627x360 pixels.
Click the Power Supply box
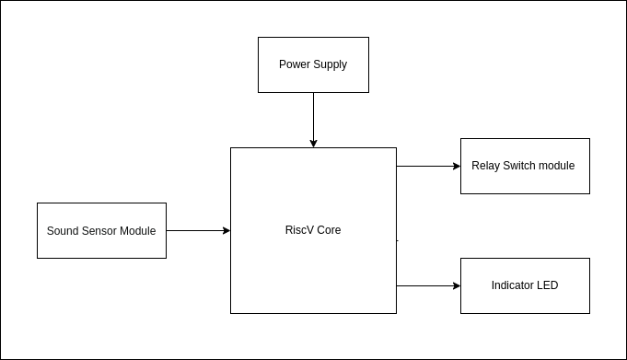coord(313,64)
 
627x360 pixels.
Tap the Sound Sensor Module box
coord(101,230)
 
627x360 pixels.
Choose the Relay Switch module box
coord(525,166)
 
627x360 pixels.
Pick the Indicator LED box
coord(525,285)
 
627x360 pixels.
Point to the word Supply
coord(330,64)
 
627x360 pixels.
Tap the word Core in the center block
coord(329,230)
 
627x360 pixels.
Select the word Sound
coord(62,231)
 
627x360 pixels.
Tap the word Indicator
coord(512,285)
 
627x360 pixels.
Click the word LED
coord(547,285)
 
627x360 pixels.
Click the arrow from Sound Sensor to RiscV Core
coord(197,230)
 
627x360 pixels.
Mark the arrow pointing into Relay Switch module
coord(427,166)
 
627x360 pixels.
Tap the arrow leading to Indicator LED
coord(427,285)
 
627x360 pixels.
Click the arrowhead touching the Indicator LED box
coord(457,285)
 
